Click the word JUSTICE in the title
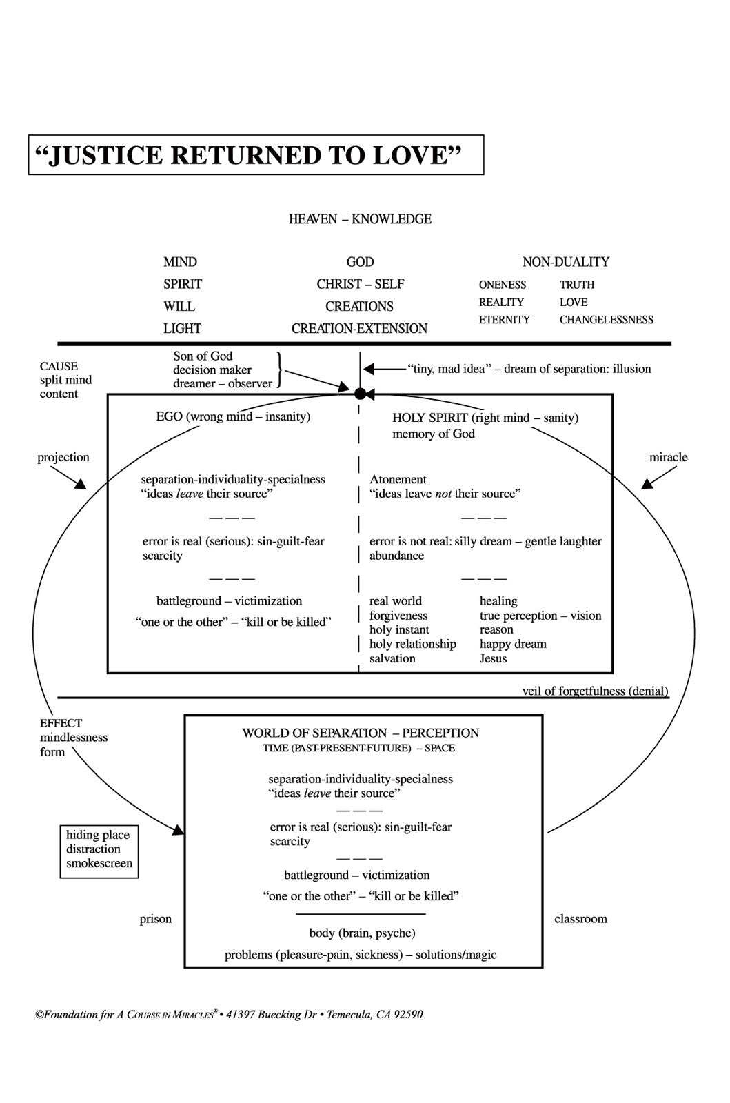107,155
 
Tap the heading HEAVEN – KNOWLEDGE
360,219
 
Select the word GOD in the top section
360,262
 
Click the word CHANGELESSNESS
607,320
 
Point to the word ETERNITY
504,320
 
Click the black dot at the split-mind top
360,394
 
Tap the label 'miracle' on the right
668,457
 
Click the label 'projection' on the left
63,458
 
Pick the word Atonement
398,480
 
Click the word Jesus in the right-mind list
494,659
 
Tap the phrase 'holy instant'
399,630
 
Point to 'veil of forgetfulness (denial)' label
595,691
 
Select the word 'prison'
156,919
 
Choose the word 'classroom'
581,919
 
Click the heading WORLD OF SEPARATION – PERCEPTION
361,733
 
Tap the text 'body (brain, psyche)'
363,933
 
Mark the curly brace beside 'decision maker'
280,370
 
